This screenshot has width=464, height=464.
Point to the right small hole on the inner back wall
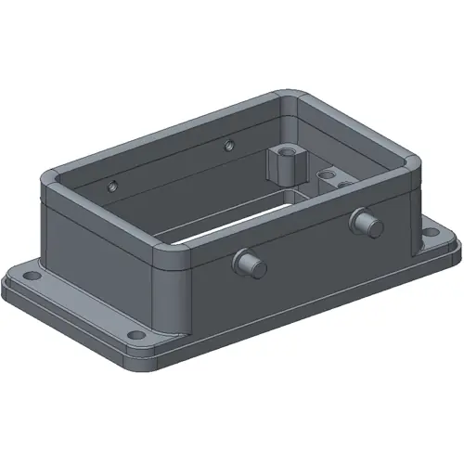228,144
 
